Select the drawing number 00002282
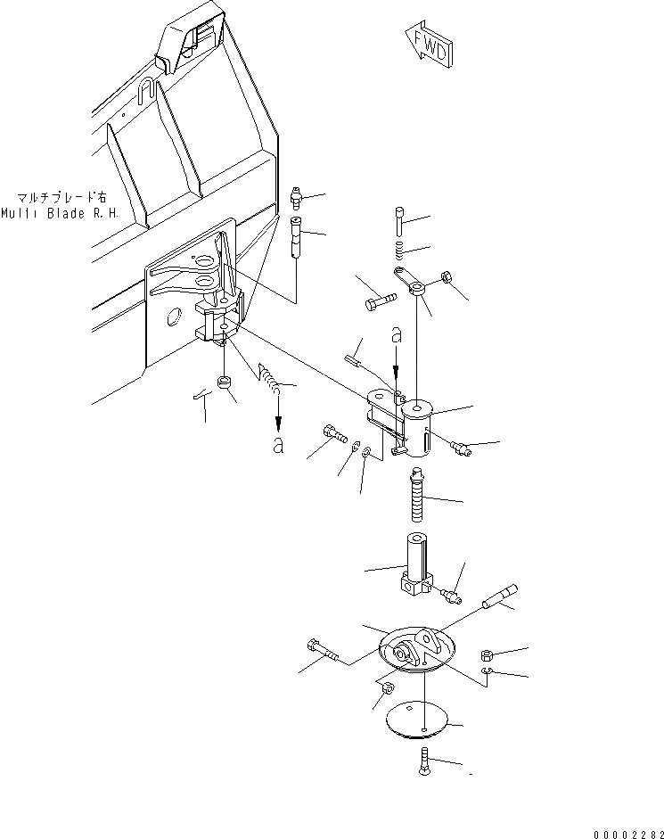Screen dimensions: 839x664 [619, 822]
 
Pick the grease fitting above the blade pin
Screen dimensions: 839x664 [298, 197]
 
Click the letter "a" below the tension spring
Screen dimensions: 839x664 [278, 445]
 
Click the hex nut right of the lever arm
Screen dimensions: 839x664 [448, 281]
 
